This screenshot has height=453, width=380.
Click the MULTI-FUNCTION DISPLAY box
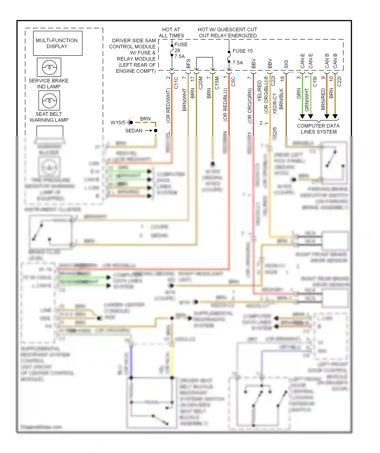pyautogui.click(x=58, y=43)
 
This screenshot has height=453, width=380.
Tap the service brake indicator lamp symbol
pyautogui.click(x=49, y=67)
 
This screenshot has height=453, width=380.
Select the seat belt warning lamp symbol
pyautogui.click(x=49, y=100)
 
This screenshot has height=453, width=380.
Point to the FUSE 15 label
pyautogui.click(x=242, y=51)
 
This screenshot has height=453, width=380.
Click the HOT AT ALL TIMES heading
pyautogui.click(x=171, y=33)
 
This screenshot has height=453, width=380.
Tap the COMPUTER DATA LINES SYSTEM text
pyautogui.click(x=318, y=129)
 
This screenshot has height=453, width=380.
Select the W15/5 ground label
pyautogui.click(x=118, y=123)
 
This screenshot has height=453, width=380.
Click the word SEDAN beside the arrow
pyautogui.click(x=134, y=131)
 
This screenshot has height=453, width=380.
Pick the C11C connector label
pyautogui.click(x=176, y=83)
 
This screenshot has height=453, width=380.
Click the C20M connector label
pyautogui.click(x=200, y=83)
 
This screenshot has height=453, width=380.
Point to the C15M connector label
pyautogui.click(x=217, y=83)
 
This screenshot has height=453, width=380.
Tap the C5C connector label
pyautogui.click(x=233, y=81)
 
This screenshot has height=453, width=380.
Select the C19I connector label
pyautogui.click(x=315, y=82)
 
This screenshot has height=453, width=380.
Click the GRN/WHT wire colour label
pyautogui.click(x=307, y=100)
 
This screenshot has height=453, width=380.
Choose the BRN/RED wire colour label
pyautogui.click(x=323, y=99)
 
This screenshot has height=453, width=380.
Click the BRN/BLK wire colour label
pyautogui.click(x=281, y=99)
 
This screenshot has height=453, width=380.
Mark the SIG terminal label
pyautogui.click(x=286, y=64)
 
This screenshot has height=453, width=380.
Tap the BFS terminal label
pyautogui.click(x=188, y=64)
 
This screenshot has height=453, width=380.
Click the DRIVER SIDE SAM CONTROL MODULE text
pyautogui.click(x=134, y=44)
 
